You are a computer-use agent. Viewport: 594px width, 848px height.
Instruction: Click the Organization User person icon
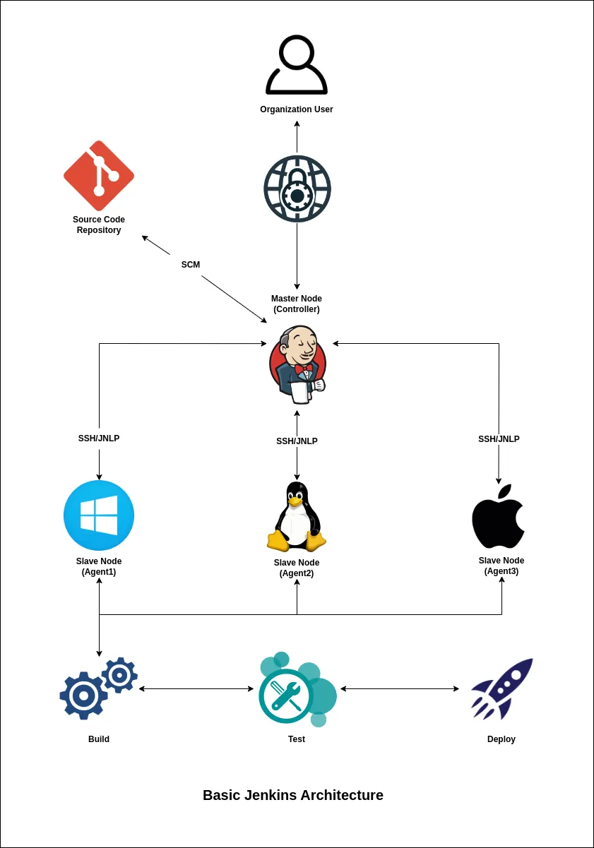(x=297, y=65)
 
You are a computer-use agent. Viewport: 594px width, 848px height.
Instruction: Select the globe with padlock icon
(x=297, y=189)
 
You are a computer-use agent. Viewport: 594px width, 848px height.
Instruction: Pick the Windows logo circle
(x=99, y=515)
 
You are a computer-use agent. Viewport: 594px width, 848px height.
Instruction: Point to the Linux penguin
(x=297, y=517)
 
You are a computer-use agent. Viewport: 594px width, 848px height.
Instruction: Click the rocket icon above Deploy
(x=501, y=688)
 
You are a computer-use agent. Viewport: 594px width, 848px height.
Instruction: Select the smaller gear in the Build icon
(x=119, y=675)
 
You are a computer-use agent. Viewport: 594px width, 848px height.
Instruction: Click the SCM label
(x=191, y=265)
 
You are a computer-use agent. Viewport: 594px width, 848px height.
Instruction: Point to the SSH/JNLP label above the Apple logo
(x=499, y=439)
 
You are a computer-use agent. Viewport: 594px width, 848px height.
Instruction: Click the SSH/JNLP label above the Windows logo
(x=99, y=438)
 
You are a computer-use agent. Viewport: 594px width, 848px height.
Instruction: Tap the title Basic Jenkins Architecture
(x=293, y=795)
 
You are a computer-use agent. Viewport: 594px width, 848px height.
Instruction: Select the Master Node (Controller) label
(x=297, y=304)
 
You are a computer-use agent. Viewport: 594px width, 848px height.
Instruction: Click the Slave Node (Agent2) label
(x=297, y=568)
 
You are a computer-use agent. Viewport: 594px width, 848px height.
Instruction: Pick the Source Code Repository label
(x=99, y=225)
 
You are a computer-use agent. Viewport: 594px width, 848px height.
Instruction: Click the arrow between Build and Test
(x=196, y=688)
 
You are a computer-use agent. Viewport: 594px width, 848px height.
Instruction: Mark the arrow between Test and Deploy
(x=400, y=688)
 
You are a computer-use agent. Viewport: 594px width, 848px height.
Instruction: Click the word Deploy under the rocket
(x=501, y=739)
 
